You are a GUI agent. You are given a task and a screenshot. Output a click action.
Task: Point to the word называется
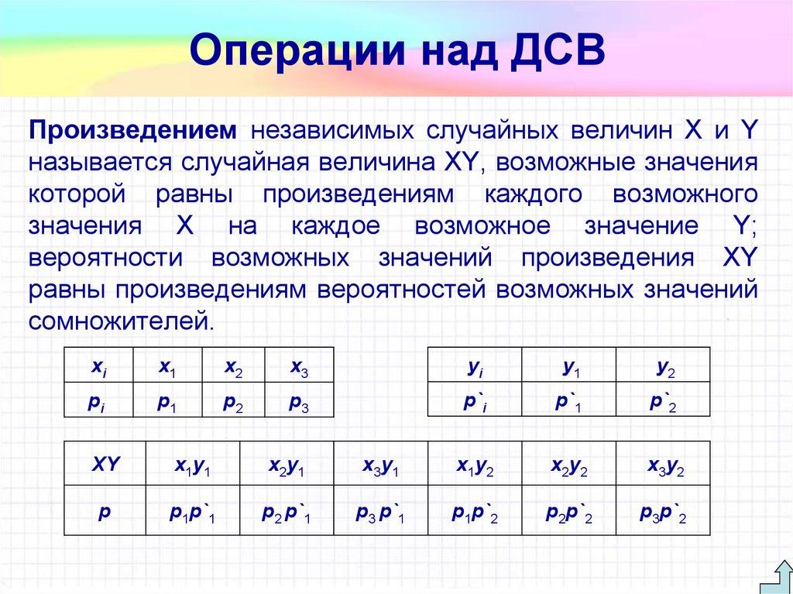tap(100, 163)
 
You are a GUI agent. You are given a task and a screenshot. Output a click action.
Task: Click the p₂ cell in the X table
tap(233, 402)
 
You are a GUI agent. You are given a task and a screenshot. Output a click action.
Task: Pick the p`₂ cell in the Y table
tap(663, 402)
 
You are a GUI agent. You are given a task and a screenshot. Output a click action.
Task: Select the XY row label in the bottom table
tap(105, 465)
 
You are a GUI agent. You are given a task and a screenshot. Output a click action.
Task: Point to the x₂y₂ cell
tap(569, 466)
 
